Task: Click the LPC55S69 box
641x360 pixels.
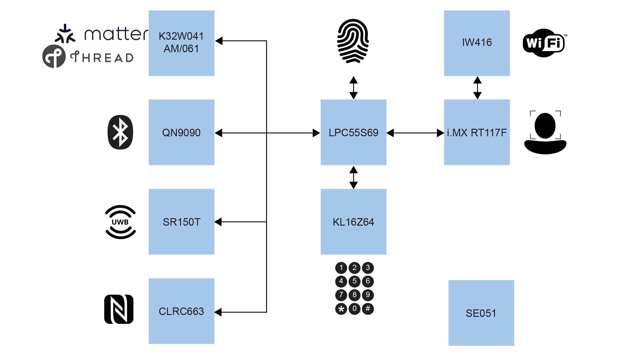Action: click(353, 132)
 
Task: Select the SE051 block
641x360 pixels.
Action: click(481, 313)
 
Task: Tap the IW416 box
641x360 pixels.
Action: click(477, 43)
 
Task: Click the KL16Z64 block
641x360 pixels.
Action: click(353, 222)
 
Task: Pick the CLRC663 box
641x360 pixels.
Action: click(181, 311)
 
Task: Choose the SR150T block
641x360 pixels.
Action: click(181, 222)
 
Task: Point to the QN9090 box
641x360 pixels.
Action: click(181, 132)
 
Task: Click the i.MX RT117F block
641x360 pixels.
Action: click(477, 132)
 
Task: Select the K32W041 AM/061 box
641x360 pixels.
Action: click(181, 43)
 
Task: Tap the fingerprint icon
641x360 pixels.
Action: click(353, 41)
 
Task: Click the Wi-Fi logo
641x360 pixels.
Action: click(544, 43)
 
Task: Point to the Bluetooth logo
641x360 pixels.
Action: click(120, 132)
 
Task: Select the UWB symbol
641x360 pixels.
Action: click(121, 222)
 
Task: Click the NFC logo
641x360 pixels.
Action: click(119, 309)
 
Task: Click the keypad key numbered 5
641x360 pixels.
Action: click(354, 281)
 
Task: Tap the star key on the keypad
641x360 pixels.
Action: click(341, 309)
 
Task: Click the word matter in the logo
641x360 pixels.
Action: click(116, 34)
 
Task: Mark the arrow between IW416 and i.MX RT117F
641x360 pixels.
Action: click(477, 88)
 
